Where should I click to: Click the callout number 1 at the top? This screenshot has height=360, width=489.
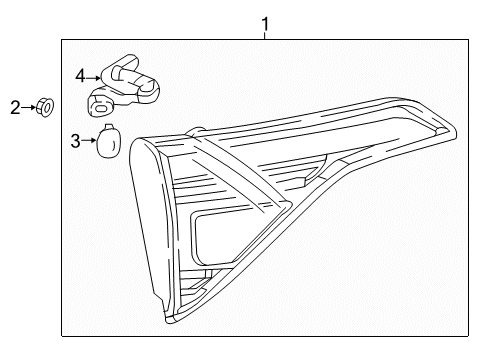(265, 22)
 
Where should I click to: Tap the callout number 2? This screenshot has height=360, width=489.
(15, 107)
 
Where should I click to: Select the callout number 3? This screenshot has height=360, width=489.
(75, 142)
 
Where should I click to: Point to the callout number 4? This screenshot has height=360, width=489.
(80, 74)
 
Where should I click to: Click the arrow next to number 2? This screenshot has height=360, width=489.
(30, 106)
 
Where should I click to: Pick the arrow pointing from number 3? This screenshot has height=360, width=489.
(89, 141)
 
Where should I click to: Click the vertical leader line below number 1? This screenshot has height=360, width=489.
(265, 35)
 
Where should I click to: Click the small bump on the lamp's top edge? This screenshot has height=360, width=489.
(197, 129)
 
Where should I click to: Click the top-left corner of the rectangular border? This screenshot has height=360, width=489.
(61, 39)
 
